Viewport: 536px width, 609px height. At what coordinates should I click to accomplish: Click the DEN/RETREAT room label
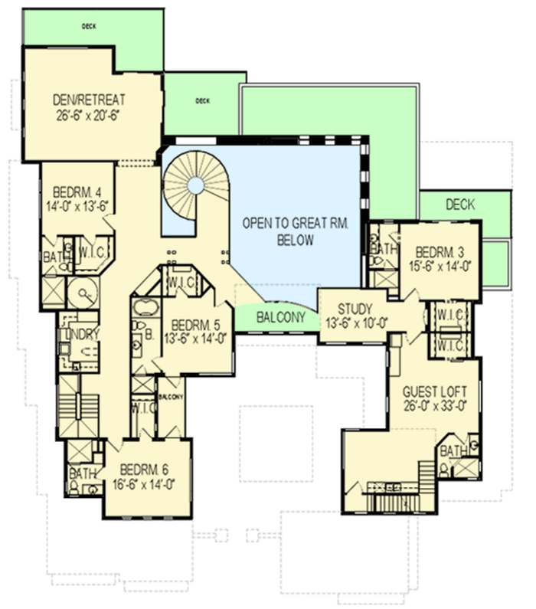coord(90,100)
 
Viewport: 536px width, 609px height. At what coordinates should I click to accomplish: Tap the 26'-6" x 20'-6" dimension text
coord(90,115)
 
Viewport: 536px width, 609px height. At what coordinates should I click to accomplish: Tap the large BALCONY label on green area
coord(279,316)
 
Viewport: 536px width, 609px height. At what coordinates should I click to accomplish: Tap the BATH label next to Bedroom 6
coord(83,474)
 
